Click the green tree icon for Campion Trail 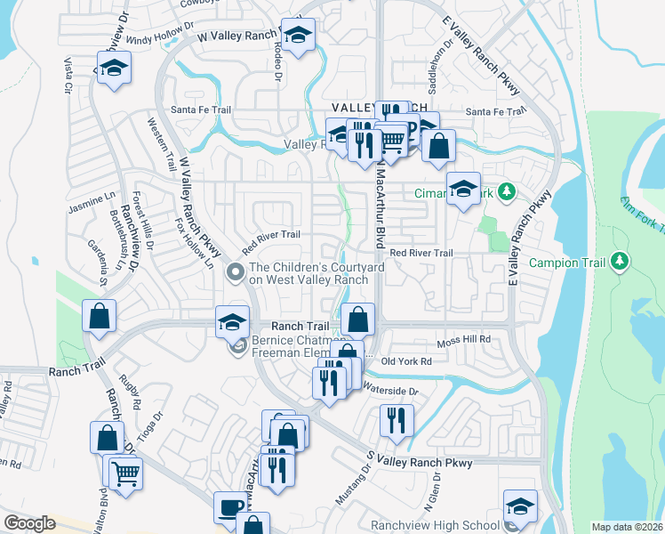pyautogui.click(x=621, y=262)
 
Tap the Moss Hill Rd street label pyautogui.click(x=463, y=341)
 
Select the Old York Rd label pyautogui.click(x=405, y=361)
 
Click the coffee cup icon pyautogui.click(x=230, y=507)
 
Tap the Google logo pyautogui.click(x=29, y=523)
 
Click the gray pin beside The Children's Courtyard pyautogui.click(x=236, y=272)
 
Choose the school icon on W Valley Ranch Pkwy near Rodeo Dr pyautogui.click(x=299, y=36)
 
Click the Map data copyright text pyautogui.click(x=628, y=527)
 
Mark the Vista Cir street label pyautogui.click(x=67, y=77)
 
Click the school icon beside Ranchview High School pyautogui.click(x=520, y=506)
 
